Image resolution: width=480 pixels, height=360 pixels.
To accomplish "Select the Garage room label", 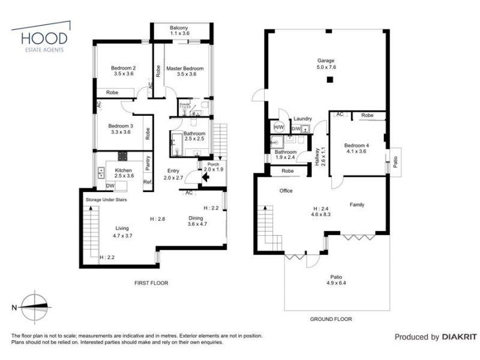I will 326,61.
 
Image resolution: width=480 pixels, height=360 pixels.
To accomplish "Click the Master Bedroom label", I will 185,68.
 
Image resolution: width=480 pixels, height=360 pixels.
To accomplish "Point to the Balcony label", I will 179,28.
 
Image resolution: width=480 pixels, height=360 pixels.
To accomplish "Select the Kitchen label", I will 123,170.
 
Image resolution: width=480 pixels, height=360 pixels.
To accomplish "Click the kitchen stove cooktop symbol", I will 122,156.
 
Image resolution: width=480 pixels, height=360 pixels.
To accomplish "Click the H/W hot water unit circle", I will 278,127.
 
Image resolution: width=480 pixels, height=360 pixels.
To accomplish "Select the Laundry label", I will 302,119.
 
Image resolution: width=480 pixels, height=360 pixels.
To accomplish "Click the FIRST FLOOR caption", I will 151,283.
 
